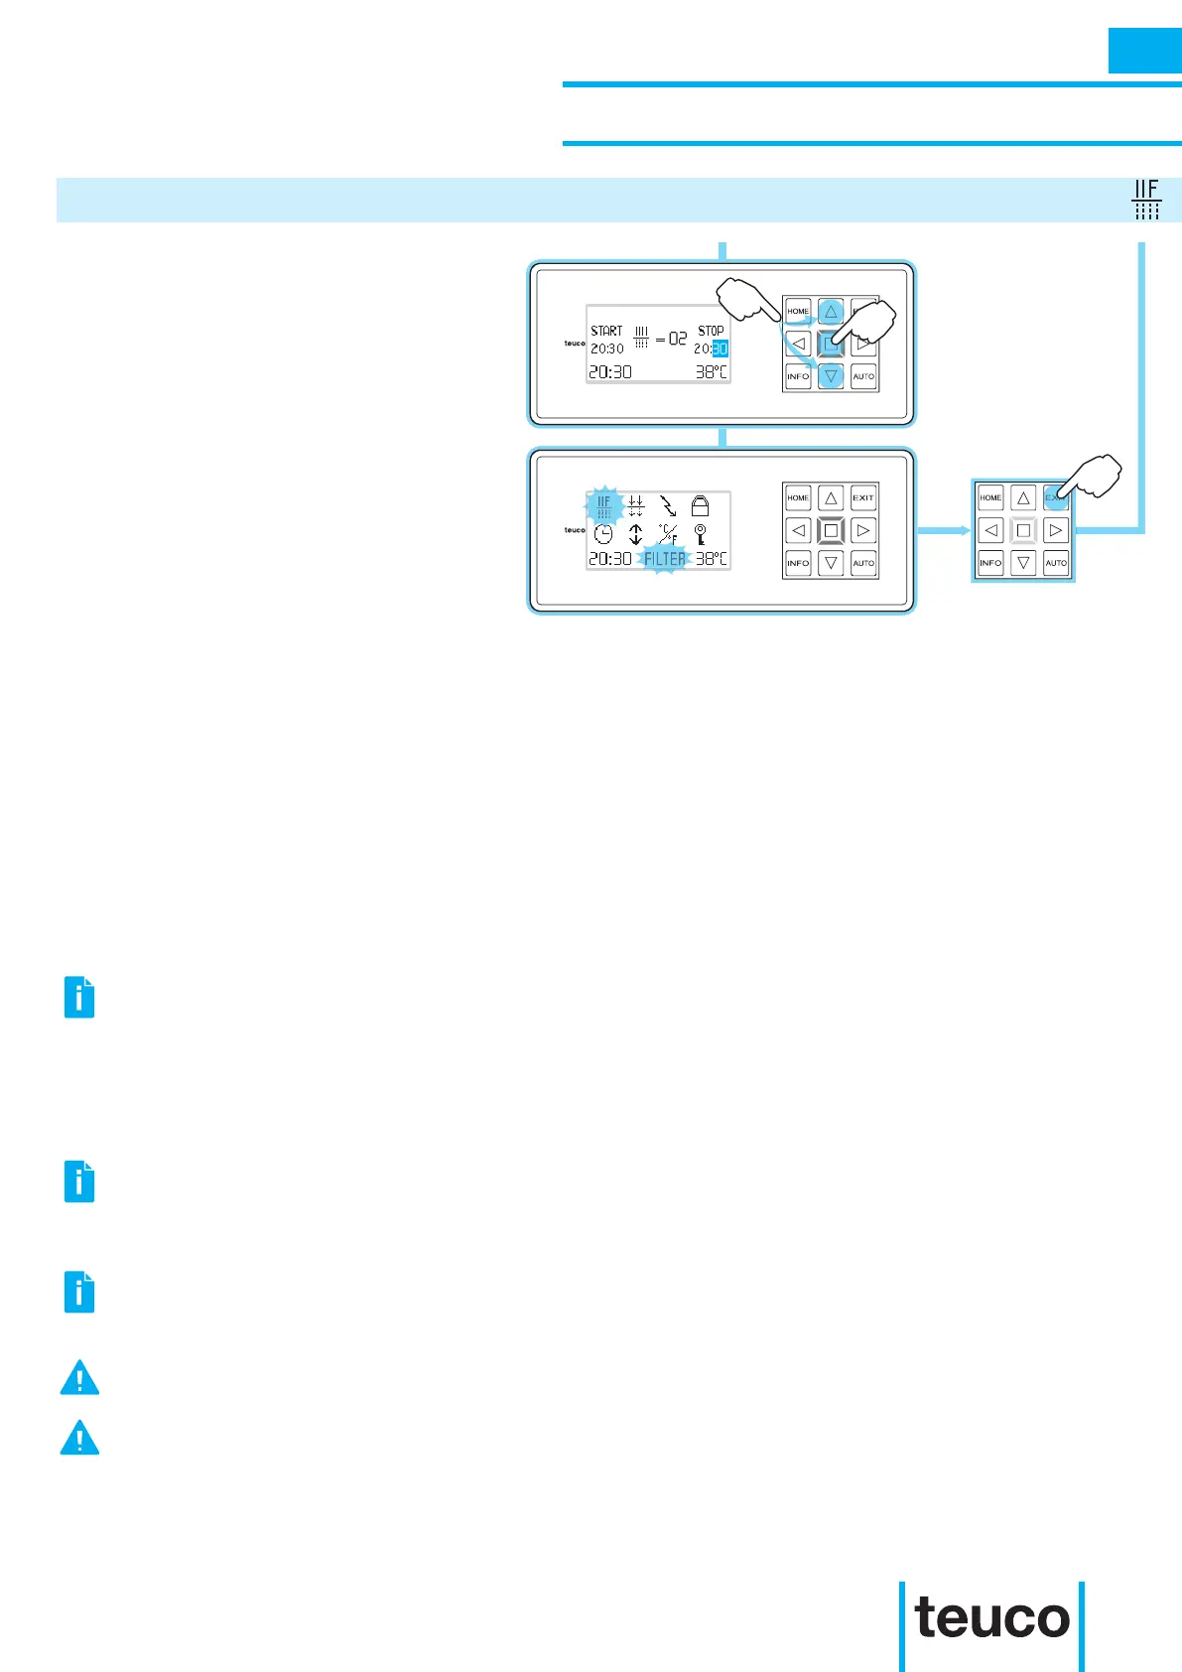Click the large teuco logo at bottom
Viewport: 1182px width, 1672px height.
[x=991, y=1618]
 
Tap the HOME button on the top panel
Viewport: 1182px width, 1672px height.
[x=798, y=311]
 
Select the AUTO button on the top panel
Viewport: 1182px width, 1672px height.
[x=863, y=376]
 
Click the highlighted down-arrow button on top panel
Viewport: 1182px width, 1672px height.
[x=832, y=376]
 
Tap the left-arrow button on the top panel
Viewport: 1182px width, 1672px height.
[x=798, y=345]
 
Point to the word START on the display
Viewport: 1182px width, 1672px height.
[x=606, y=331]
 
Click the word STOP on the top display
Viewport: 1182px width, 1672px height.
[x=711, y=331]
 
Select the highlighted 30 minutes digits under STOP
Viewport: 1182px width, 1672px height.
[x=720, y=348]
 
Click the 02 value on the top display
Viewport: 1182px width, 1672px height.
[x=678, y=339]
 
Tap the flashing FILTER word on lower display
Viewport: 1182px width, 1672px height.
[x=664, y=559]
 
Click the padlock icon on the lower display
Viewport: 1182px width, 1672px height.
[x=700, y=506]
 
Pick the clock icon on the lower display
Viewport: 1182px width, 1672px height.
[x=603, y=534]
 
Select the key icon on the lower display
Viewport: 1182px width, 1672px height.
[x=700, y=534]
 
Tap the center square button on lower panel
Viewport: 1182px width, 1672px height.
[x=831, y=530]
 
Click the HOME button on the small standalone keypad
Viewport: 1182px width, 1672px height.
[x=990, y=497]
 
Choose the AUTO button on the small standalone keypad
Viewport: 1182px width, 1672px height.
[x=1056, y=563]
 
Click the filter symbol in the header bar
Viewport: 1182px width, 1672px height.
[x=1146, y=200]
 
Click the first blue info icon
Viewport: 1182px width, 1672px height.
[x=79, y=997]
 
